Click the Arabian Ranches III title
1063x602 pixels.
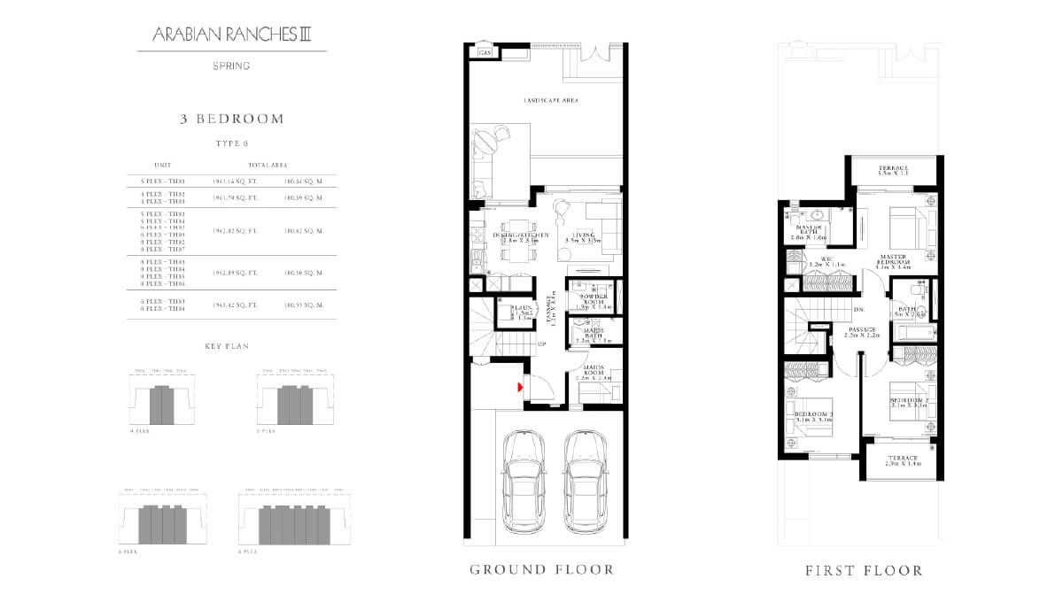231,35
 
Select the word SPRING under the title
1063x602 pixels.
231,66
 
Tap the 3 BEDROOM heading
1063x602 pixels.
231,119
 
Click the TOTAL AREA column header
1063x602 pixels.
270,165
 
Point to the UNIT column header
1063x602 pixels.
162,165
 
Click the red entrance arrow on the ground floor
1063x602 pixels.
521,385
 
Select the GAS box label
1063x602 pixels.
485,53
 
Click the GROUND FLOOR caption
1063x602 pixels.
541,569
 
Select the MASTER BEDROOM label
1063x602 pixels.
893,259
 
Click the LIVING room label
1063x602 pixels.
582,237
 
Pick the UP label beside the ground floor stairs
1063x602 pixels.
541,343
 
